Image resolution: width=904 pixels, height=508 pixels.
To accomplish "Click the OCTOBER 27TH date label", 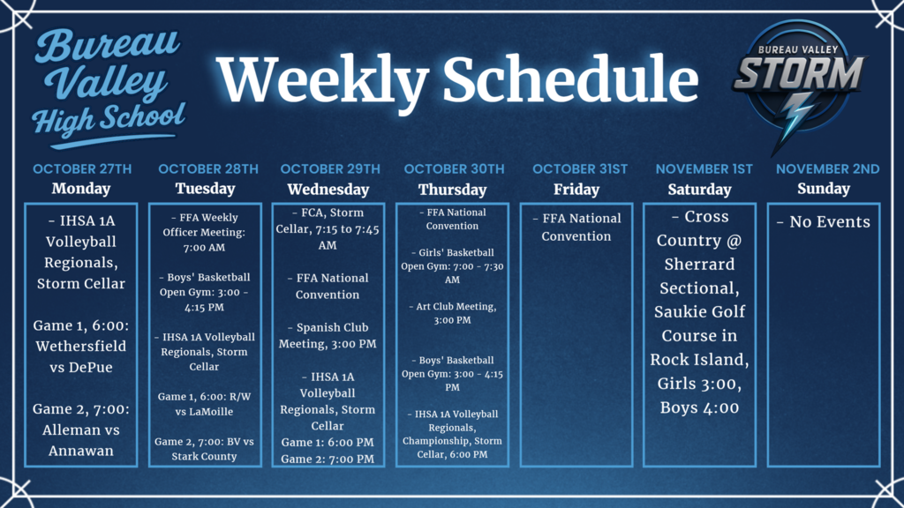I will coord(81,168).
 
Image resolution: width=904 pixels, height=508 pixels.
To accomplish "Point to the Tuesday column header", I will coord(205,189).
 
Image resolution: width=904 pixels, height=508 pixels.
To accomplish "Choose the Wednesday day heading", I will coord(328,189).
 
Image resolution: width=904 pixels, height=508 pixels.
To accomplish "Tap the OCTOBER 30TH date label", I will coord(452,168).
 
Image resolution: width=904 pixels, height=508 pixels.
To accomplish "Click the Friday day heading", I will coord(576,189).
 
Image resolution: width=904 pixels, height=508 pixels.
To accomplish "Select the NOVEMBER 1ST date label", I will coord(704,168).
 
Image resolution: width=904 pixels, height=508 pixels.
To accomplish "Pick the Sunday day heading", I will coord(823,189).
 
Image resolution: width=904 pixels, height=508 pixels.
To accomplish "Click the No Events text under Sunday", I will coord(823,221).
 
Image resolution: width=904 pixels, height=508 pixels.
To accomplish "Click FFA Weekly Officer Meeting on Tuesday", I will coord(205,232).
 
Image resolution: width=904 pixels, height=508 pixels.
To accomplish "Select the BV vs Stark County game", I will coord(205,448).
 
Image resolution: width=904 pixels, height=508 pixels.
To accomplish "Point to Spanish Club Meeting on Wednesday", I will coord(328,335).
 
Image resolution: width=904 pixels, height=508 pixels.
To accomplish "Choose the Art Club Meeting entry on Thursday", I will coord(452,313).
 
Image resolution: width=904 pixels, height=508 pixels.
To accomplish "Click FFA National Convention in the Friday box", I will coord(576,227).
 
